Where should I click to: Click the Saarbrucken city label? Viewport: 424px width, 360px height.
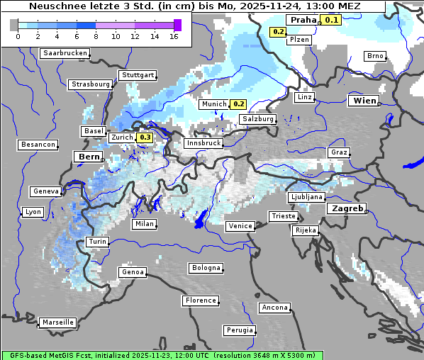point(65,53)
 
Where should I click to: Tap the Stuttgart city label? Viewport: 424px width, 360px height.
point(138,75)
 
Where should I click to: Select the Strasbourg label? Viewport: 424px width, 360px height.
point(91,84)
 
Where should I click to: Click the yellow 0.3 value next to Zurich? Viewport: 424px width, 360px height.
point(145,137)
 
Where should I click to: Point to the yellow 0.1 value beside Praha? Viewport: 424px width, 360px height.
point(331,20)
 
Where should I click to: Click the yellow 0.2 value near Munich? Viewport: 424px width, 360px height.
point(239,104)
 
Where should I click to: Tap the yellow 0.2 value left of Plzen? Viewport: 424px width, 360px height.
point(278,32)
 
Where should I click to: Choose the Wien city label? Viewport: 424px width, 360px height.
point(364,101)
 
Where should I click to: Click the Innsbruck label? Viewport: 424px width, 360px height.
point(203,143)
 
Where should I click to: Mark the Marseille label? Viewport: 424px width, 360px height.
point(58,322)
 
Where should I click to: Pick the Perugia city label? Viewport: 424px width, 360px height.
point(239,330)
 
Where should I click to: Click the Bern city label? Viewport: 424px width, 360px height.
point(89,157)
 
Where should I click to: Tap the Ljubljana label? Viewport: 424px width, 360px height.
point(307,197)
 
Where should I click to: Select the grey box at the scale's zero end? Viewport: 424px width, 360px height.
point(14,25)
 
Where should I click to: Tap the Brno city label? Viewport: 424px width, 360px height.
point(374,56)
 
